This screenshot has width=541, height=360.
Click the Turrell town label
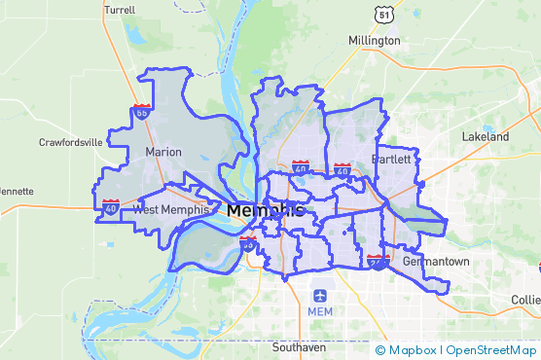[119, 9]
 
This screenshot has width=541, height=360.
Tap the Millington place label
[375, 41]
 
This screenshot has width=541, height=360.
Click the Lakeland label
[486, 137]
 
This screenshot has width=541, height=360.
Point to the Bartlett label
[393, 159]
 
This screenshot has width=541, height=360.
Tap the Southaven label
[299, 347]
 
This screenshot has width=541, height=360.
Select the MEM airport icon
[318, 295]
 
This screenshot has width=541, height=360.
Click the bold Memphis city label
[266, 210]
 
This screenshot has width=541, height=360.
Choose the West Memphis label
[170, 209]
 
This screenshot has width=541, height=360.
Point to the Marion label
[163, 153]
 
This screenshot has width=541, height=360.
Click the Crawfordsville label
[71, 142]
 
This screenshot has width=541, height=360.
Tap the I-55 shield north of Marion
[142, 114]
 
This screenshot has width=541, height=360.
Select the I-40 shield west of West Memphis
[111, 206]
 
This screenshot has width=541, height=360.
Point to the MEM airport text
[319, 311]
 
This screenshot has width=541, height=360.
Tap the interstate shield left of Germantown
[378, 262]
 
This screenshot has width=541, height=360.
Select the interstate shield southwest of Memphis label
[248, 244]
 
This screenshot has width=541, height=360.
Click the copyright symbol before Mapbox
[380, 350]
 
